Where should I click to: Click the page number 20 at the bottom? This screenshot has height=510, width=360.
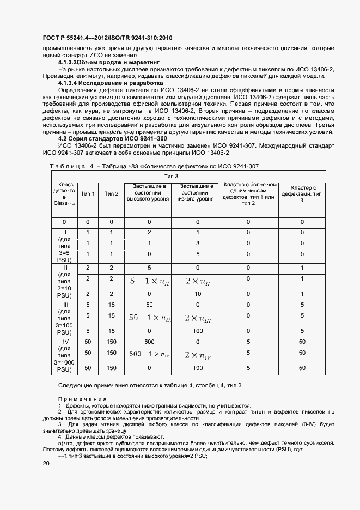click(x=46, y=463)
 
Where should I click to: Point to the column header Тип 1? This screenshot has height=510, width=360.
click(x=88, y=193)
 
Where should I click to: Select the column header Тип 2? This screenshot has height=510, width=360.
click(x=111, y=193)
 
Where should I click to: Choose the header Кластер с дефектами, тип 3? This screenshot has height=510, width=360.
click(x=302, y=193)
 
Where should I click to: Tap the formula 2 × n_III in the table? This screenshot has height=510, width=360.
click(x=198, y=317)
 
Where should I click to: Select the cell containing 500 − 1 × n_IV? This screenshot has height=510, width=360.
click(x=149, y=354)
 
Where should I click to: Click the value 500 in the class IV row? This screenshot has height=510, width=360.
click(x=149, y=341)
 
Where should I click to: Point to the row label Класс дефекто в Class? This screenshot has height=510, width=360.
click(x=64, y=193)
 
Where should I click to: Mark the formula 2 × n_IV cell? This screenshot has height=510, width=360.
click(x=198, y=354)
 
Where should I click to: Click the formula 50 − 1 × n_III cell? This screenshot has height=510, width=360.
click(x=149, y=317)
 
